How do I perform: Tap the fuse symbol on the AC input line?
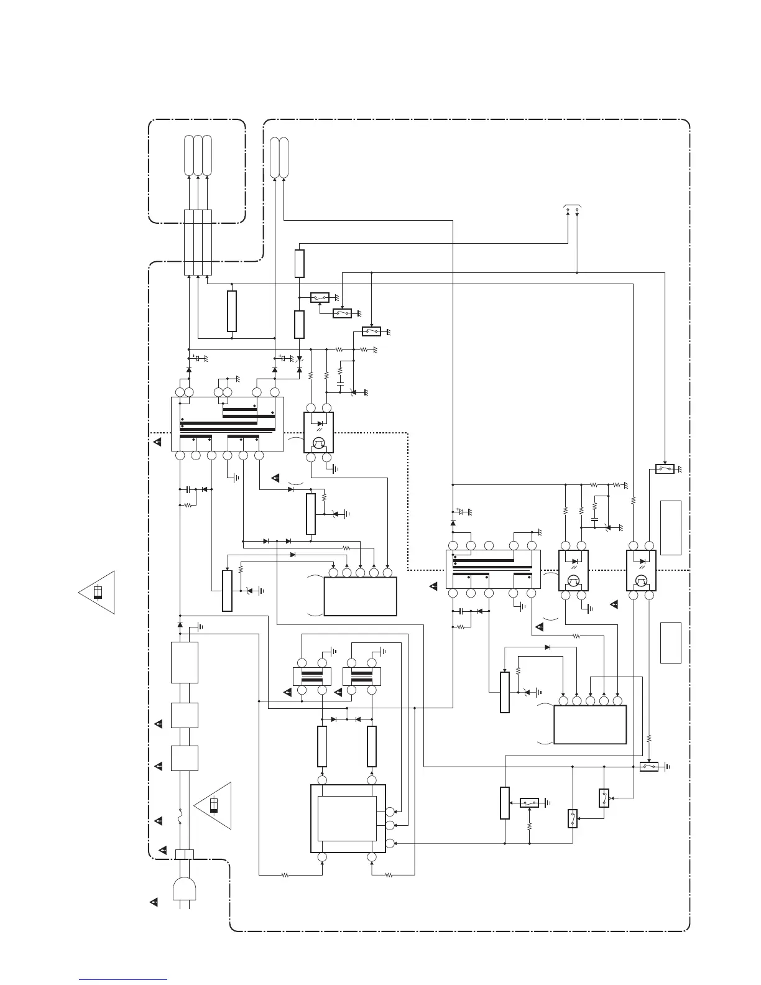[180, 815]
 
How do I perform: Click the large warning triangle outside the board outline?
[98, 593]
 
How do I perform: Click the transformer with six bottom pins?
[227, 423]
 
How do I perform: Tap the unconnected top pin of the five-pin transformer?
[489, 546]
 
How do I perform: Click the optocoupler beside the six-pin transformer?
[318, 433]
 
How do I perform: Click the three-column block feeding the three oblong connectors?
[198, 243]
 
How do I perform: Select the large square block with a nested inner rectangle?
[348, 818]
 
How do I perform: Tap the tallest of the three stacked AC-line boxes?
[184, 663]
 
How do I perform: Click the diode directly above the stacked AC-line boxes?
[180, 624]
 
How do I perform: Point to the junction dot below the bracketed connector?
[577, 272]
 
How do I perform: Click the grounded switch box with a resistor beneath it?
[530, 803]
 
